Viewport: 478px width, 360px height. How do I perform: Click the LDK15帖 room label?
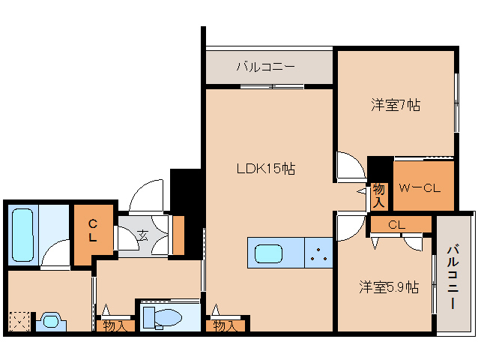pos(265,169)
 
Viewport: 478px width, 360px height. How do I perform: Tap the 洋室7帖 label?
pos(395,105)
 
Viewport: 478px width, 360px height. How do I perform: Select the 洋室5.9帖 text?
pos(388,287)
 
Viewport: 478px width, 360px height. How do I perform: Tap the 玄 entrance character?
pos(142,235)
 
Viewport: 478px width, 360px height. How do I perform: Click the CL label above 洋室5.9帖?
pos(397,224)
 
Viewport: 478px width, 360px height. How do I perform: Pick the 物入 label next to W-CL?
pos(379,196)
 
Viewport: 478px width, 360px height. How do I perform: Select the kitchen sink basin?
pos(268,253)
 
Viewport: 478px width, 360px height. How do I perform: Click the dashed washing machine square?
pos(19,321)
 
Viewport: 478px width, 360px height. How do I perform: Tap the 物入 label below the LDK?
pos(224,325)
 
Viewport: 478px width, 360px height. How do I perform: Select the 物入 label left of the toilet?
pos(115,325)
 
